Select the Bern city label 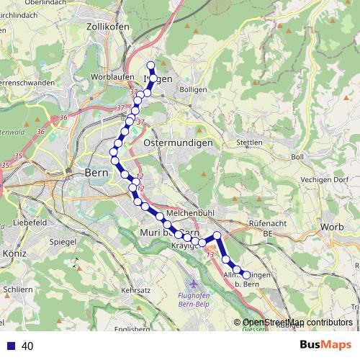coord(96,173)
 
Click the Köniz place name coord(14,253)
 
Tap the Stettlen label coord(249,143)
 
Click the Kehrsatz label coord(136,289)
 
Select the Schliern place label coord(17,289)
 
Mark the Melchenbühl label coord(187,215)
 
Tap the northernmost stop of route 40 coord(151,66)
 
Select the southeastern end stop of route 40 coord(246,274)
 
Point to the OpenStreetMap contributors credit coord(297,323)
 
